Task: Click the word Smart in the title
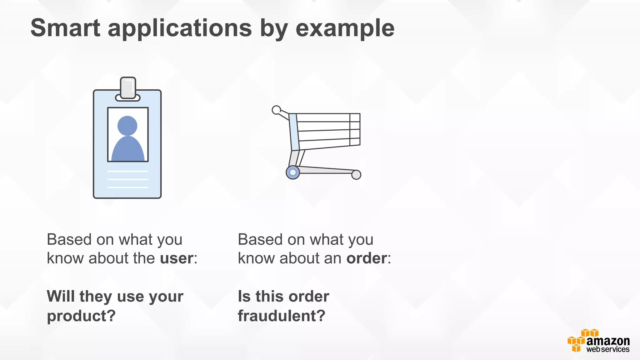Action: (65, 28)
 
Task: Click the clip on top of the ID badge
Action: (128, 88)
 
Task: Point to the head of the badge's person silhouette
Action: (127, 126)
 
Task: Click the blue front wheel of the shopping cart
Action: (293, 172)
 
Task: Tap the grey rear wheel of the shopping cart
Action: (356, 175)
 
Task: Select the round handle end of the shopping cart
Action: (276, 110)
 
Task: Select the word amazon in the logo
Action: (608, 341)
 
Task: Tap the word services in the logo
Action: (615, 349)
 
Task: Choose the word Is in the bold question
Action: (244, 296)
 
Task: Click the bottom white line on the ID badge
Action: (128, 187)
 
